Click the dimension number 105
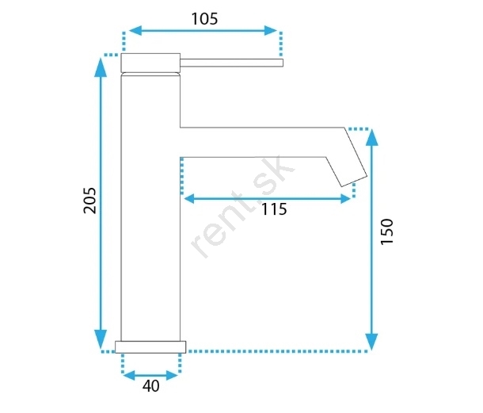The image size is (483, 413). click(204, 19)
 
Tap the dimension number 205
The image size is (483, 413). click(90, 201)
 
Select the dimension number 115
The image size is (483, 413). click(274, 209)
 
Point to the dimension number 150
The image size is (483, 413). click(387, 231)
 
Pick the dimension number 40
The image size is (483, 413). click(151, 386)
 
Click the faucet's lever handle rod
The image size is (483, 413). click(232, 63)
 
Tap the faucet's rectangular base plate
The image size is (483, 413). click(150, 347)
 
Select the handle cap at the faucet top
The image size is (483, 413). click(150, 63)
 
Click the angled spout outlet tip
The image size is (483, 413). click(354, 181)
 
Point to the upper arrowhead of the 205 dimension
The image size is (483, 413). click(101, 67)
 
